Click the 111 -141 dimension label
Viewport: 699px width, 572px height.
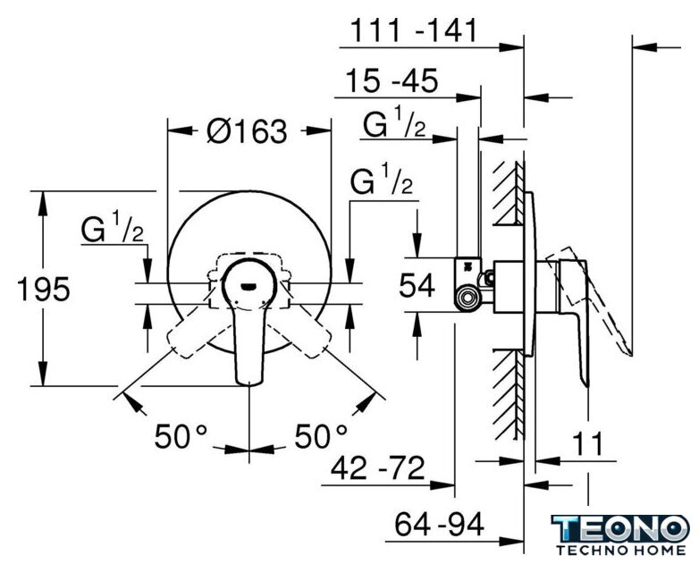click(414, 30)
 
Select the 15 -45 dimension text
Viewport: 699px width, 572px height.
click(392, 80)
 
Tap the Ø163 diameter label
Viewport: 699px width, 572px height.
click(248, 131)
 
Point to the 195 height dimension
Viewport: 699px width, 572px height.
click(43, 289)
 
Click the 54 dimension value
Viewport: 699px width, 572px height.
click(417, 285)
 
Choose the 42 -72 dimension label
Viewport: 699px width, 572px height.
click(378, 468)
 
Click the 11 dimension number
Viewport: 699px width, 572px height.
click(587, 443)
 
